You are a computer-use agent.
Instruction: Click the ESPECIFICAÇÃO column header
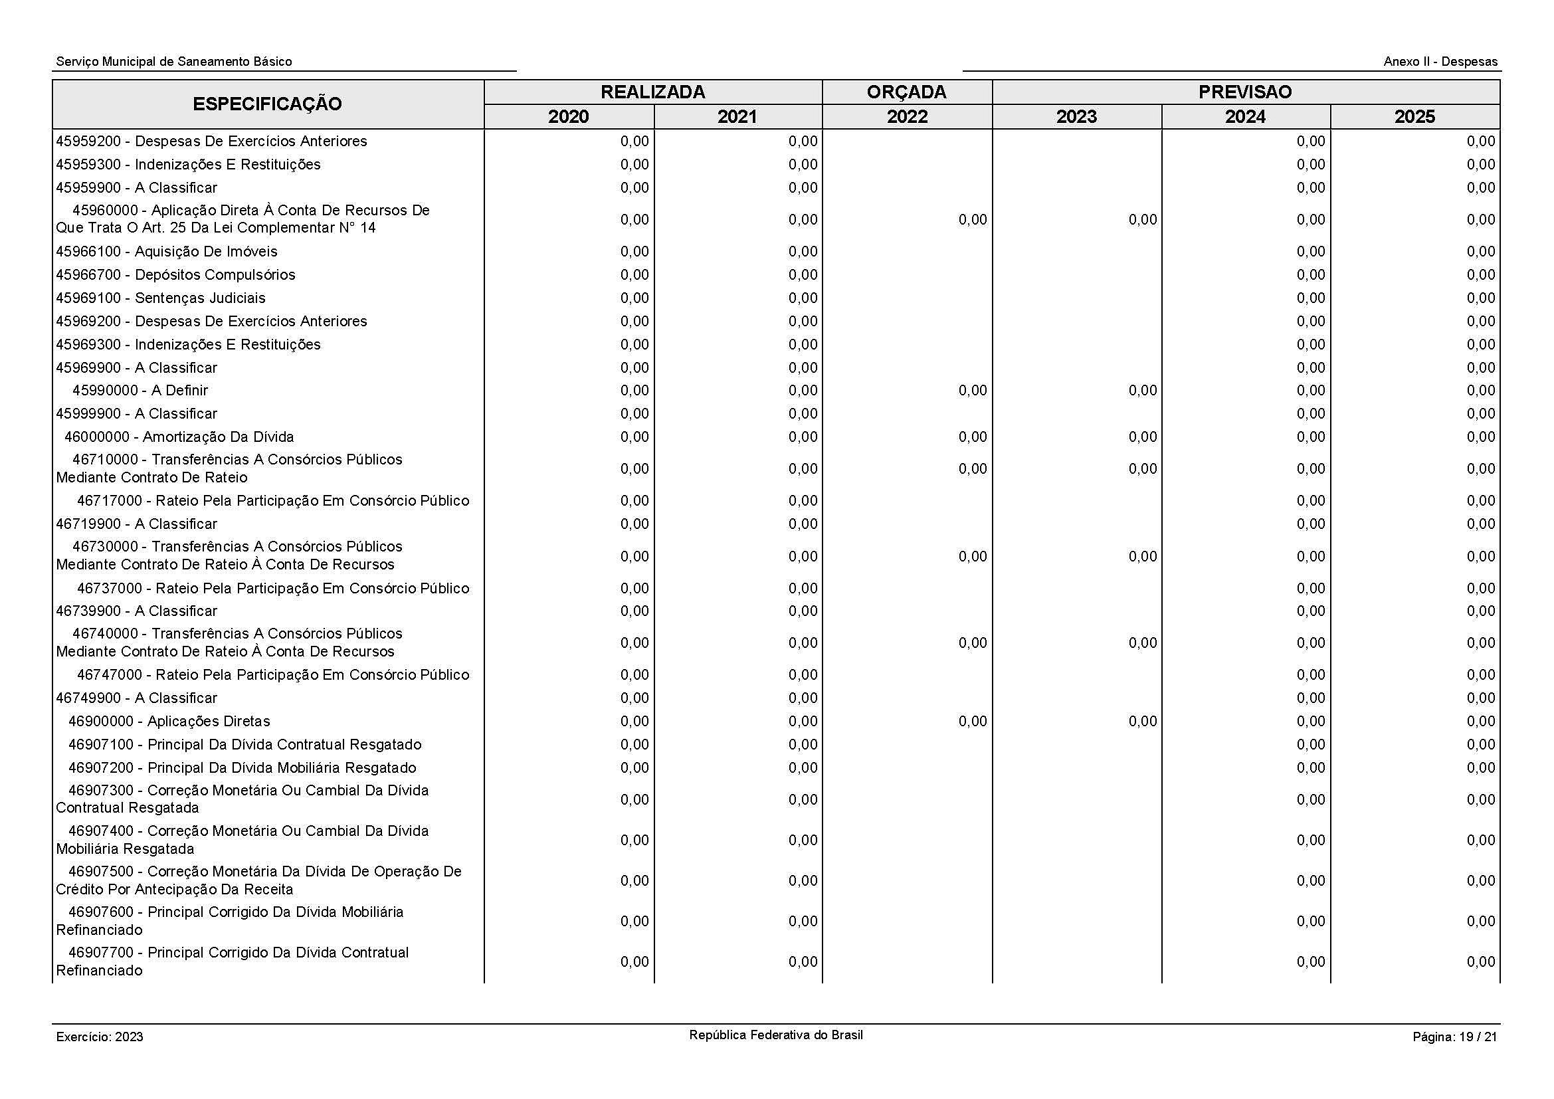pyautogui.click(x=267, y=104)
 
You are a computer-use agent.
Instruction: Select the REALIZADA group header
pyautogui.click(x=652, y=92)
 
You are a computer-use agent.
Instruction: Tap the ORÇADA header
pyautogui.click(x=906, y=92)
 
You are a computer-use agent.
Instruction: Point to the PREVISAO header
pyautogui.click(x=1244, y=92)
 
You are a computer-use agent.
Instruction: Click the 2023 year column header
pyautogui.click(x=1076, y=117)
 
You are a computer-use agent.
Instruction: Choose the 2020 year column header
pyautogui.click(x=568, y=117)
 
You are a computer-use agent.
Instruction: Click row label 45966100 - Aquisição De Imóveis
pyautogui.click(x=167, y=252)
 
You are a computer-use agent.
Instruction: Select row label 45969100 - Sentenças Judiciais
pyautogui.click(x=160, y=298)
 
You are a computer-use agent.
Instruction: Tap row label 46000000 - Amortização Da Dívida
pyautogui.click(x=179, y=437)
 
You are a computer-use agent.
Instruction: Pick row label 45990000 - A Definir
pyautogui.click(x=140, y=391)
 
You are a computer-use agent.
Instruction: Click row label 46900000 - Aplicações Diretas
pyautogui.click(x=169, y=722)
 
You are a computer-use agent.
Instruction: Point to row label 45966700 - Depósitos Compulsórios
pyautogui.click(x=175, y=275)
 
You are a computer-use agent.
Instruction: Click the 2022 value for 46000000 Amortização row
pyautogui.click(x=972, y=437)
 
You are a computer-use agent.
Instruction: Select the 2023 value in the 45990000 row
pyautogui.click(x=1142, y=391)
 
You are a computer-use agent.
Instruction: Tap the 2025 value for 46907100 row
pyautogui.click(x=1480, y=744)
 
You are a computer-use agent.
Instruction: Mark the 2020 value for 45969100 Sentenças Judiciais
pyautogui.click(x=634, y=298)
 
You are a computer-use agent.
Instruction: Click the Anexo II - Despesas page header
pyautogui.click(x=1440, y=62)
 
